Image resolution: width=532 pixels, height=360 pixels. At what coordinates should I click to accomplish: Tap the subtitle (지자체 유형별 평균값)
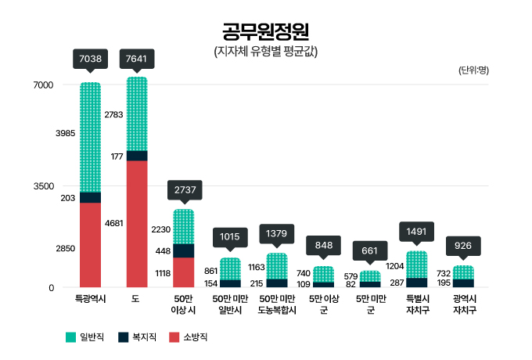pyautogui.click(x=265, y=52)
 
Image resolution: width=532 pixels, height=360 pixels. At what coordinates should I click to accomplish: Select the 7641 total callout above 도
pyautogui.click(x=137, y=58)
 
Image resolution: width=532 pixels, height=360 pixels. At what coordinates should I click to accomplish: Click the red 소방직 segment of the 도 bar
pyautogui.click(x=137, y=224)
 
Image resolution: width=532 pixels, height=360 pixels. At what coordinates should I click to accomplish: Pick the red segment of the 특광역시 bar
pyautogui.click(x=91, y=245)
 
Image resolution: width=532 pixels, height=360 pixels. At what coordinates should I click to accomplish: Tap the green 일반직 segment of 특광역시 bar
pyautogui.click(x=91, y=137)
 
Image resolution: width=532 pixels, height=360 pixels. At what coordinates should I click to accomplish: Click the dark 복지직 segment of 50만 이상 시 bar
pyautogui.click(x=184, y=250)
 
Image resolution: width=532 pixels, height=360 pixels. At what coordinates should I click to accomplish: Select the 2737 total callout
pyautogui.click(x=184, y=189)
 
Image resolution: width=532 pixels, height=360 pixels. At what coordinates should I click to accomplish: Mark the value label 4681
pyautogui.click(x=113, y=224)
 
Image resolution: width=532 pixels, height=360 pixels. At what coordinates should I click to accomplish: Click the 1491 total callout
pyautogui.click(x=417, y=232)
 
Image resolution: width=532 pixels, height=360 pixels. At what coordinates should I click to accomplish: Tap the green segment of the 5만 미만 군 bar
pyautogui.click(x=370, y=275)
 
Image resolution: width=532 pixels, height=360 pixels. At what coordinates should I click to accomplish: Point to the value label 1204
pyautogui.click(x=394, y=266)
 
